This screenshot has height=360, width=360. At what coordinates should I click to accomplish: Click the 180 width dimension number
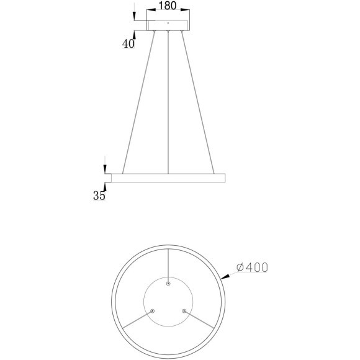click(167, 6)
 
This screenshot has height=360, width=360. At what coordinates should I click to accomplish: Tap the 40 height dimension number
click(128, 44)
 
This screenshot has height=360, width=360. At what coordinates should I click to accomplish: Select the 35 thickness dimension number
click(99, 196)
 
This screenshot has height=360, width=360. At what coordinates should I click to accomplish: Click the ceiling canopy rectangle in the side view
click(167, 25)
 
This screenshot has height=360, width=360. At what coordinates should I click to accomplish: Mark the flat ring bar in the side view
click(167, 178)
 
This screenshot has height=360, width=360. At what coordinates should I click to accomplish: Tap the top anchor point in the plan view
click(168, 282)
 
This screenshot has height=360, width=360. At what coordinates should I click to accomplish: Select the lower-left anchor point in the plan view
click(153, 310)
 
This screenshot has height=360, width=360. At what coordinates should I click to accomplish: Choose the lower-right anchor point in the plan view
click(183, 310)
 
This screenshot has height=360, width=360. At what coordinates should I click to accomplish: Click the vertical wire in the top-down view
click(168, 264)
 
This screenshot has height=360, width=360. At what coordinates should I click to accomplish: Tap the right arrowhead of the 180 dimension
click(187, 12)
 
